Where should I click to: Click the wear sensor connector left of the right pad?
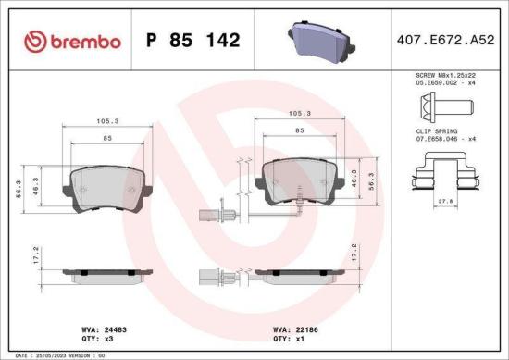pyautogui.click(x=205, y=217)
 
